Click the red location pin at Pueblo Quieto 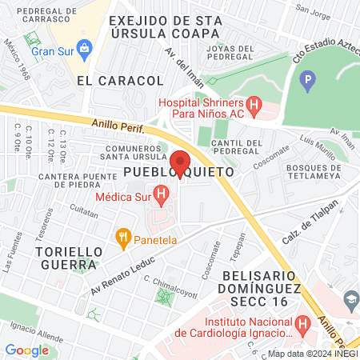pyautogui.click(x=180, y=162)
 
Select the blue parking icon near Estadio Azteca pyautogui.click(x=308, y=81)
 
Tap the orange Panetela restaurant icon pyautogui.click(x=122, y=237)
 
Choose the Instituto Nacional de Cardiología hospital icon pyautogui.click(x=302, y=324)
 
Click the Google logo pyautogui.click(x=26, y=350)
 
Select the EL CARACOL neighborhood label pyautogui.click(x=120, y=81)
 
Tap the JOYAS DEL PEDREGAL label pyautogui.click(x=230, y=52)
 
